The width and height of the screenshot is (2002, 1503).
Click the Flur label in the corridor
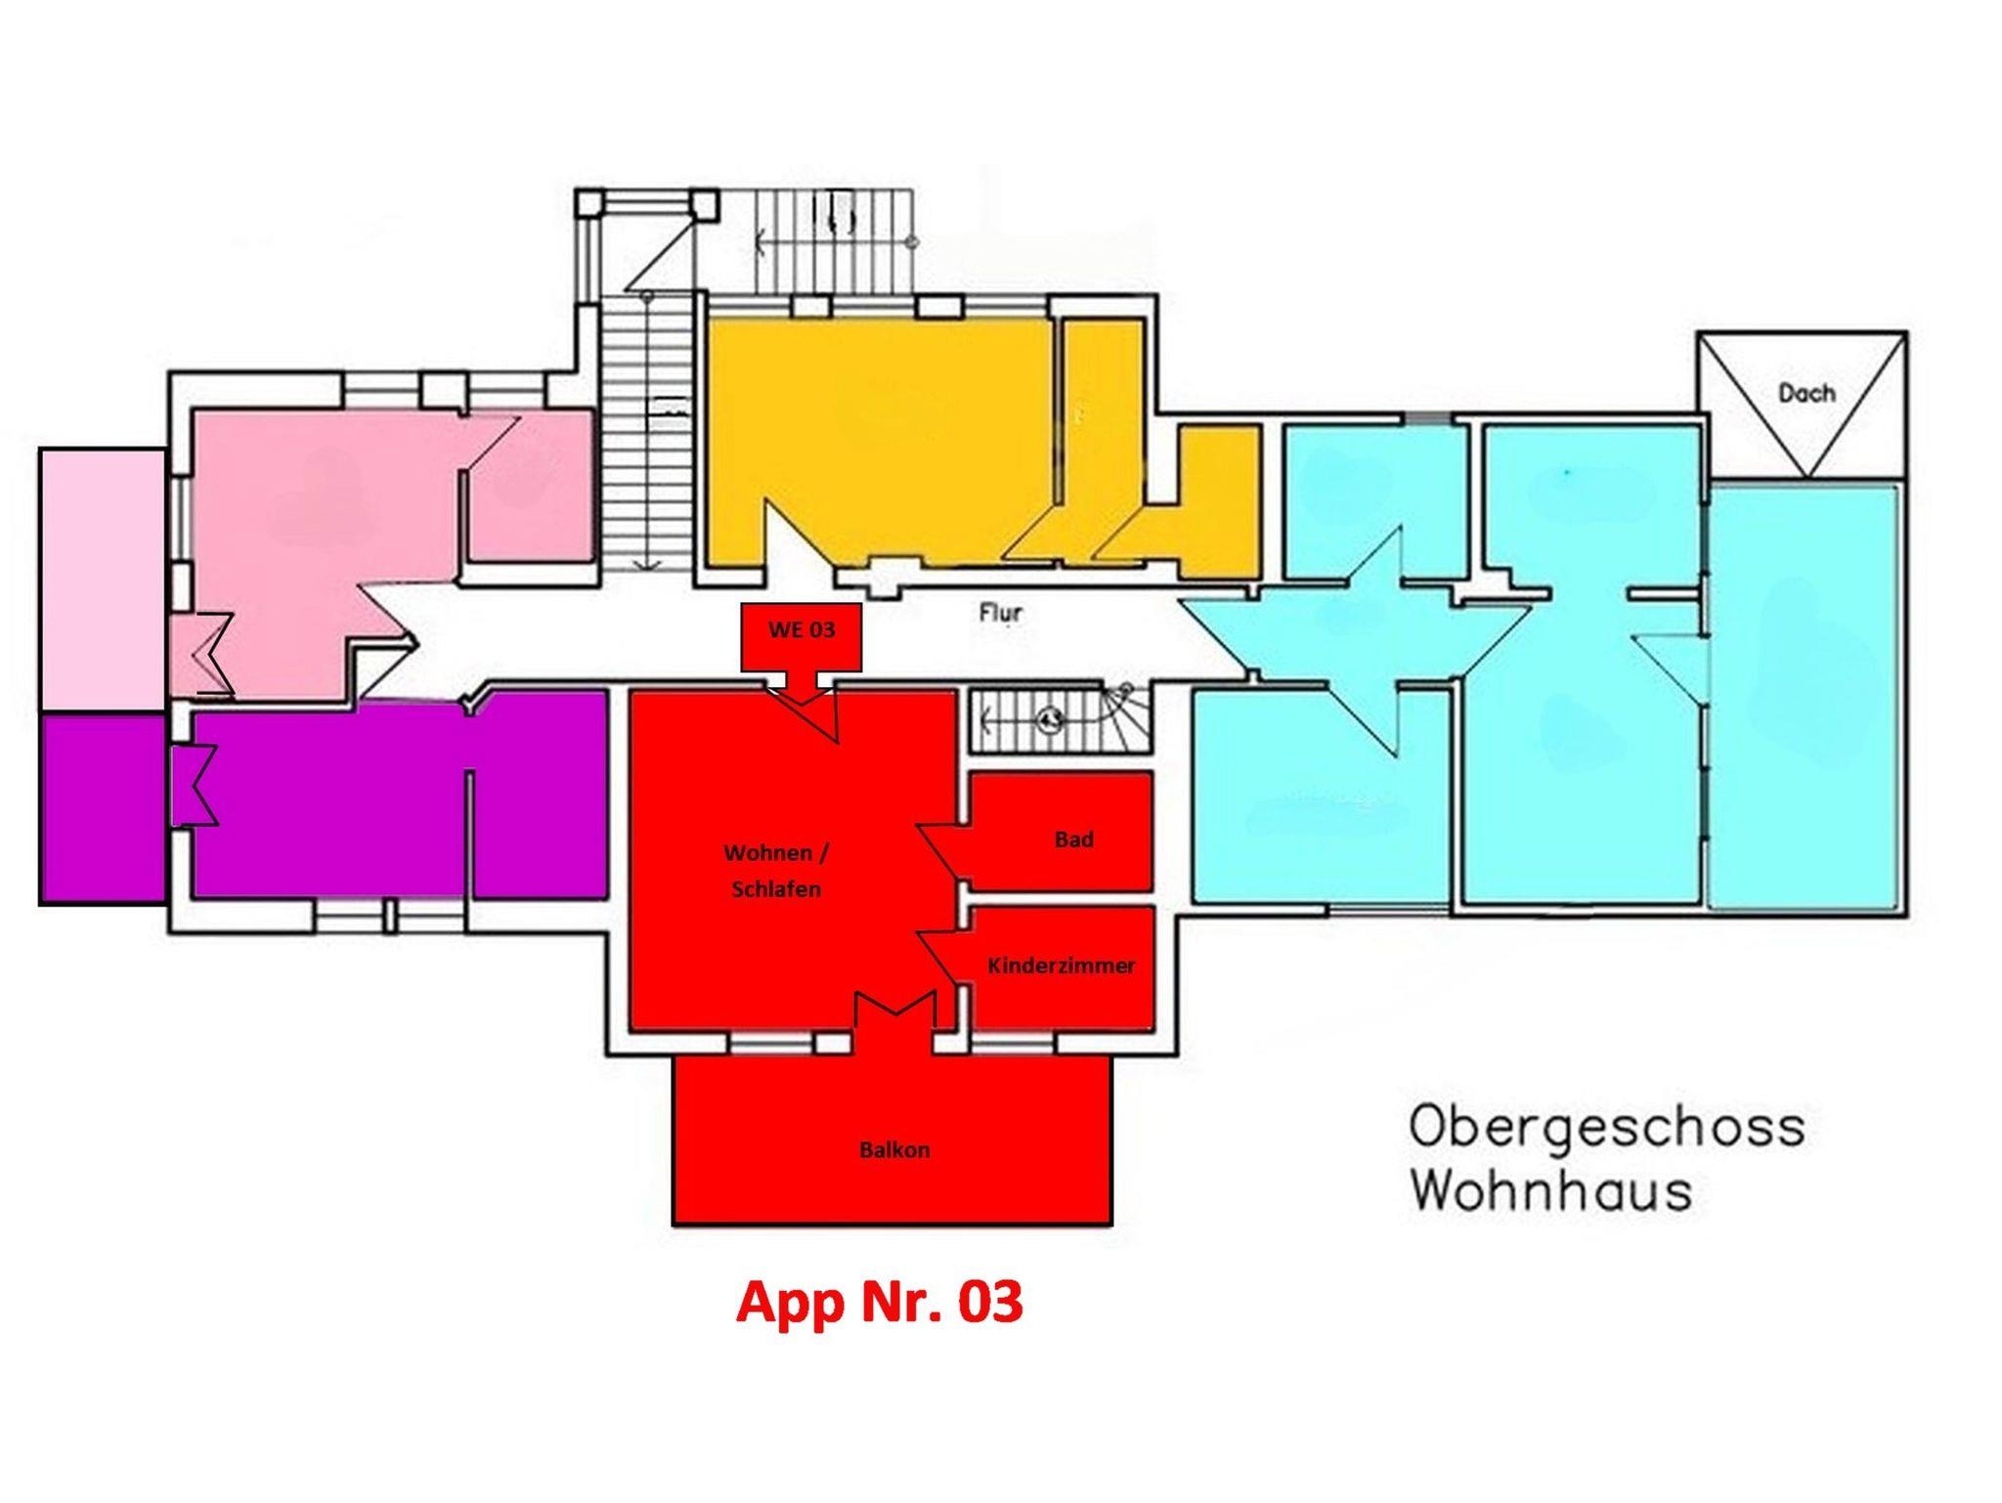click(x=1001, y=613)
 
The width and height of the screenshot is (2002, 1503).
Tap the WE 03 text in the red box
click(x=802, y=629)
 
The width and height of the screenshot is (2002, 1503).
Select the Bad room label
click(x=1073, y=839)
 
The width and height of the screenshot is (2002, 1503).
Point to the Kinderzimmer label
click(x=1062, y=966)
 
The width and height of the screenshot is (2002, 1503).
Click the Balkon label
click(x=894, y=1150)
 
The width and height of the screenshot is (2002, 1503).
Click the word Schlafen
click(x=776, y=890)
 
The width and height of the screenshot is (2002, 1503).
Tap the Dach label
click(x=1806, y=393)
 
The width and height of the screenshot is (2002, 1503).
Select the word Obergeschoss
click(x=1606, y=1127)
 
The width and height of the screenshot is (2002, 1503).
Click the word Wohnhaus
click(x=1550, y=1191)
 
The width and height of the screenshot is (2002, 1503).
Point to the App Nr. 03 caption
click(x=880, y=1303)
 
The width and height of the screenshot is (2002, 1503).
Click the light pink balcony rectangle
click(x=103, y=580)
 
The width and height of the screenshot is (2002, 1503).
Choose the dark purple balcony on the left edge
click(x=103, y=809)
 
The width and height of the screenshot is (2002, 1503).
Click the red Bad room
click(x=1061, y=832)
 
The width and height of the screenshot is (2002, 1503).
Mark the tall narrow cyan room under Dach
click(x=1805, y=696)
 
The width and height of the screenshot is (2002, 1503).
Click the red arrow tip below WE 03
click(x=802, y=704)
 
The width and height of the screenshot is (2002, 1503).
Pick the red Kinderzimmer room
click(x=1063, y=967)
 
